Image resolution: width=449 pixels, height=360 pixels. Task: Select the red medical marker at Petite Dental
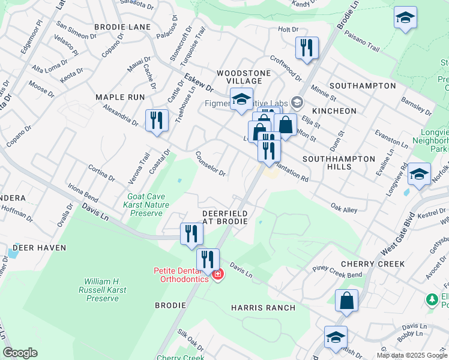pos(217,275)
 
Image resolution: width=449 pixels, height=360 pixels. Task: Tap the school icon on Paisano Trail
pos(405,17)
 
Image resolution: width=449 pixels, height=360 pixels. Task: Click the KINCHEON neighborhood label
pos(335,111)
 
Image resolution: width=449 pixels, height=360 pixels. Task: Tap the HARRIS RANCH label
pos(263,308)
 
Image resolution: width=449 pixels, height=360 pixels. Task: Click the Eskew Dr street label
pos(199,81)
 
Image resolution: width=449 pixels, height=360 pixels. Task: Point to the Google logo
pos(20,353)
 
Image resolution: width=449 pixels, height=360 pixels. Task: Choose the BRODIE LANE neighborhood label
pos(122,28)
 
